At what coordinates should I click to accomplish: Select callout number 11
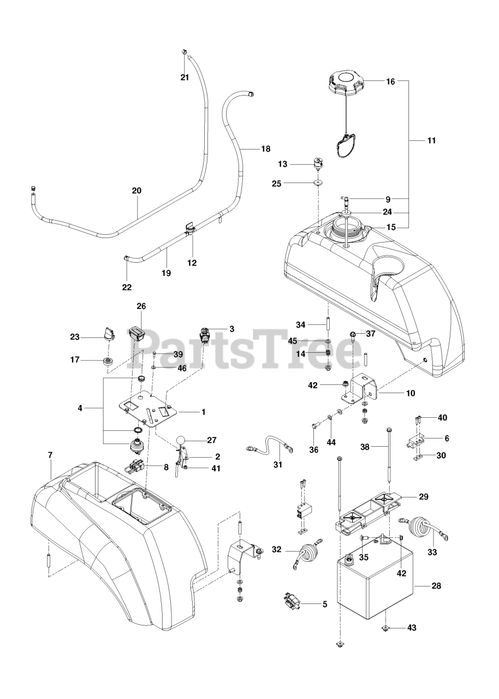(431, 140)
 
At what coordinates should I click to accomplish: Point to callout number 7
(50, 454)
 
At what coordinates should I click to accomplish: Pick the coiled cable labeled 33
(424, 528)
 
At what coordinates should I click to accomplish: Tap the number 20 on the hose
(136, 191)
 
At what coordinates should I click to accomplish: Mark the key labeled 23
(108, 333)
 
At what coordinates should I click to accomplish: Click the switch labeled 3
(205, 334)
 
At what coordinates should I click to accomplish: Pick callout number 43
(411, 628)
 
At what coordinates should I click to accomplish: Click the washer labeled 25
(317, 183)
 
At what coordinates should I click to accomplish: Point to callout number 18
(265, 149)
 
